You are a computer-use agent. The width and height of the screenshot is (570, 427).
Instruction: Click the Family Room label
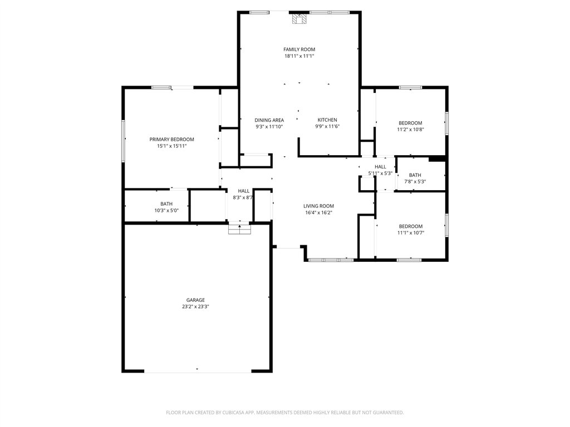[299, 49]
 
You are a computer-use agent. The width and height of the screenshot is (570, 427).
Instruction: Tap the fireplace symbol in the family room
[300, 20]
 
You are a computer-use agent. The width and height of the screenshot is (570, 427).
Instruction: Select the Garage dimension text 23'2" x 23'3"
[195, 306]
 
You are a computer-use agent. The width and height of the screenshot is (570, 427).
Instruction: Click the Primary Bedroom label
[171, 139]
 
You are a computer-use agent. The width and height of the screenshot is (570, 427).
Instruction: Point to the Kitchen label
[327, 120]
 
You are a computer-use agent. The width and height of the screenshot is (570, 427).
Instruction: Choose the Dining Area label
[269, 120]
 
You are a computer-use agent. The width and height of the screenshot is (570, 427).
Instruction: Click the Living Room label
[318, 206]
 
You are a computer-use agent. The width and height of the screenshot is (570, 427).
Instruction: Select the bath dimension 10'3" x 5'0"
[166, 211]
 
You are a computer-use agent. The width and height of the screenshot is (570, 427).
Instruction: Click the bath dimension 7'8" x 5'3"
[415, 181]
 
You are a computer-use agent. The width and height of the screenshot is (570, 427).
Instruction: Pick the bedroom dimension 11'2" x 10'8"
[410, 130]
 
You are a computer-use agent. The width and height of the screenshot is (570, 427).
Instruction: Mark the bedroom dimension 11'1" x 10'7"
[411, 233]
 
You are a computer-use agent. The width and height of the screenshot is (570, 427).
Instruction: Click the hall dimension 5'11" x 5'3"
[381, 173]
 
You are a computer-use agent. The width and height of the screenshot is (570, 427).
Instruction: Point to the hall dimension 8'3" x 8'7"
[243, 197]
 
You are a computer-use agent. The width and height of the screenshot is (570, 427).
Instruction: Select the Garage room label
[195, 300]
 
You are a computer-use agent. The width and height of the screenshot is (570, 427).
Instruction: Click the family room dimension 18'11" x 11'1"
[299, 56]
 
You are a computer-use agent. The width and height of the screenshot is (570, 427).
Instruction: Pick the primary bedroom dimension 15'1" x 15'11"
[171, 146]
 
